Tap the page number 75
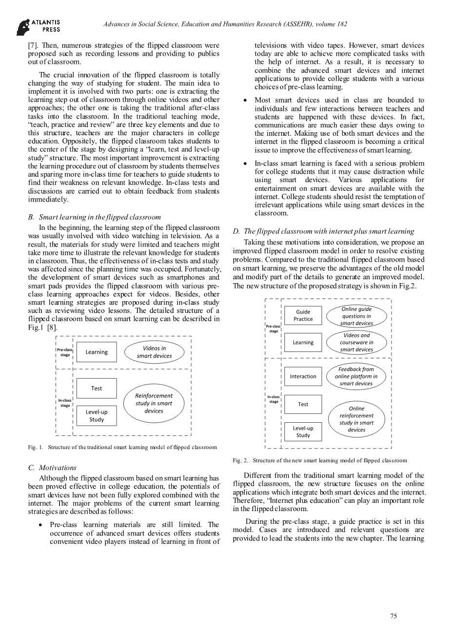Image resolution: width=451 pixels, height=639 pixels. click(x=393, y=616)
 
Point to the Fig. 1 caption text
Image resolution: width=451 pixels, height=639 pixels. click(x=122, y=447)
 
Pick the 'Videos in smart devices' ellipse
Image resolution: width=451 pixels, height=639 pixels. click(x=154, y=352)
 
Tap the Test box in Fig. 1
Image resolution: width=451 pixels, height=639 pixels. click(x=97, y=389)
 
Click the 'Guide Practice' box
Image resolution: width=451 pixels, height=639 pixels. click(x=303, y=315)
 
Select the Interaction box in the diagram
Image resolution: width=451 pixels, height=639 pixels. click(x=303, y=376)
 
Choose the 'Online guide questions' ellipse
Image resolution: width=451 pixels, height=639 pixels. click(x=356, y=316)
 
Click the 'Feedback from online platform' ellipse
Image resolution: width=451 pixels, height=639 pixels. click(x=356, y=376)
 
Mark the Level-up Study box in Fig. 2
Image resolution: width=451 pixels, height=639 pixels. click(x=303, y=432)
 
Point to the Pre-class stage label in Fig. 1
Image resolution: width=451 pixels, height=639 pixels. click(x=65, y=352)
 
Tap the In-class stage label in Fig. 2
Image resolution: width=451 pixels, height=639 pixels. click(x=274, y=399)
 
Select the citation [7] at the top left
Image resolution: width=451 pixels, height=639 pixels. click(x=33, y=45)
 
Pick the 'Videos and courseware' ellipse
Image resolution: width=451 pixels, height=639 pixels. click(x=356, y=342)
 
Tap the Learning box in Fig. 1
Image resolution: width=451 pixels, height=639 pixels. click(x=97, y=352)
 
